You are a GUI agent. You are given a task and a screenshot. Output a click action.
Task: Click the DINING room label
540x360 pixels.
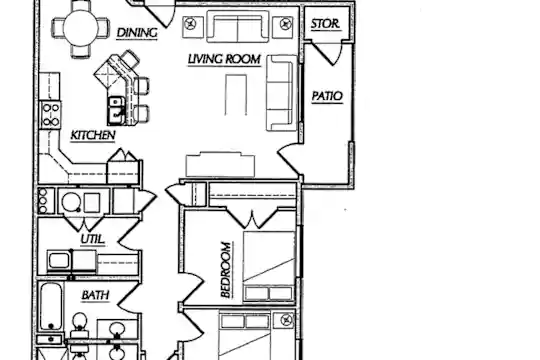pos(137,33)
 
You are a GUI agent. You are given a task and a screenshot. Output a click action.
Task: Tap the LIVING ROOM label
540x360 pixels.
pos(224,59)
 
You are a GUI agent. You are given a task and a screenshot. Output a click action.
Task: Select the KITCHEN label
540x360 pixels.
pos(93,135)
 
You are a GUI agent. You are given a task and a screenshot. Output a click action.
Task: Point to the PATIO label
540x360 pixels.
pos(327,96)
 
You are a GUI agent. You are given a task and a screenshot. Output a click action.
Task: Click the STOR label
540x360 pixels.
pos(325,24)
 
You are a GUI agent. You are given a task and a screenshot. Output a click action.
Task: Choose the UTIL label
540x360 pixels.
pos(93,239)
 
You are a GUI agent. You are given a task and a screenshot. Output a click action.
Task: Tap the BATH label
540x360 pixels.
pos(95,295)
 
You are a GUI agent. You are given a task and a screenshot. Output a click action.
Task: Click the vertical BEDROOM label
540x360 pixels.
pos(226,270)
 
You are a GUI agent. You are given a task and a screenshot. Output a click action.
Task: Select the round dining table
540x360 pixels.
pos(81,28)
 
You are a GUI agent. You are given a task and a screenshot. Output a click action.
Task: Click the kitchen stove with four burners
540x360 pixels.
pos(50,114)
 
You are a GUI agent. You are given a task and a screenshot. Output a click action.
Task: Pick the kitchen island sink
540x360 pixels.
pos(117,111)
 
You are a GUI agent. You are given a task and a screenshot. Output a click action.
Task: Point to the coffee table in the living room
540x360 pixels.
pos(236,94)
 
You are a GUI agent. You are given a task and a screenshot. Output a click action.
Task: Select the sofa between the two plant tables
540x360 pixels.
pos(238,27)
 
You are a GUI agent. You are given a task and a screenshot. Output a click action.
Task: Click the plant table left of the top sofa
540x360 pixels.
pos(191,26)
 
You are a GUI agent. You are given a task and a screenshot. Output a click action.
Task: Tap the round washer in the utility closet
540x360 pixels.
pos(71,202)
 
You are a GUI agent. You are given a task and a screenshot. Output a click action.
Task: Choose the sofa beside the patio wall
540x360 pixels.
pos(282,93)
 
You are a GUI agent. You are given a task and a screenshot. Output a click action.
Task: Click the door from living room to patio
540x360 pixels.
pos(289,160)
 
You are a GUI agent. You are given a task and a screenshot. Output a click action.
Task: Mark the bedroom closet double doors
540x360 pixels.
pos(252,218)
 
